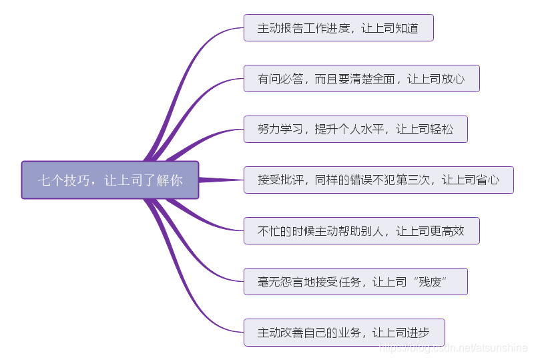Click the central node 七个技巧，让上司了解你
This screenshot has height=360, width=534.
click(x=110, y=180)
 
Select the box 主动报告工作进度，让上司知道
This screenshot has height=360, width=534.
click(x=338, y=28)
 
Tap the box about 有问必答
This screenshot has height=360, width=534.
click(x=361, y=79)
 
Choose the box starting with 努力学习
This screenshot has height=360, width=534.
click(x=355, y=129)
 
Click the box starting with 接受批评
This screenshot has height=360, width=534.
click(x=378, y=180)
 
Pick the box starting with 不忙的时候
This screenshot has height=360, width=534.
click(x=361, y=230)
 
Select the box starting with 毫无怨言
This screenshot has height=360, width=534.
click(x=355, y=281)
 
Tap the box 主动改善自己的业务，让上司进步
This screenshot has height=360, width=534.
click(x=344, y=332)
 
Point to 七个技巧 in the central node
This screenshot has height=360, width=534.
click(x=63, y=180)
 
